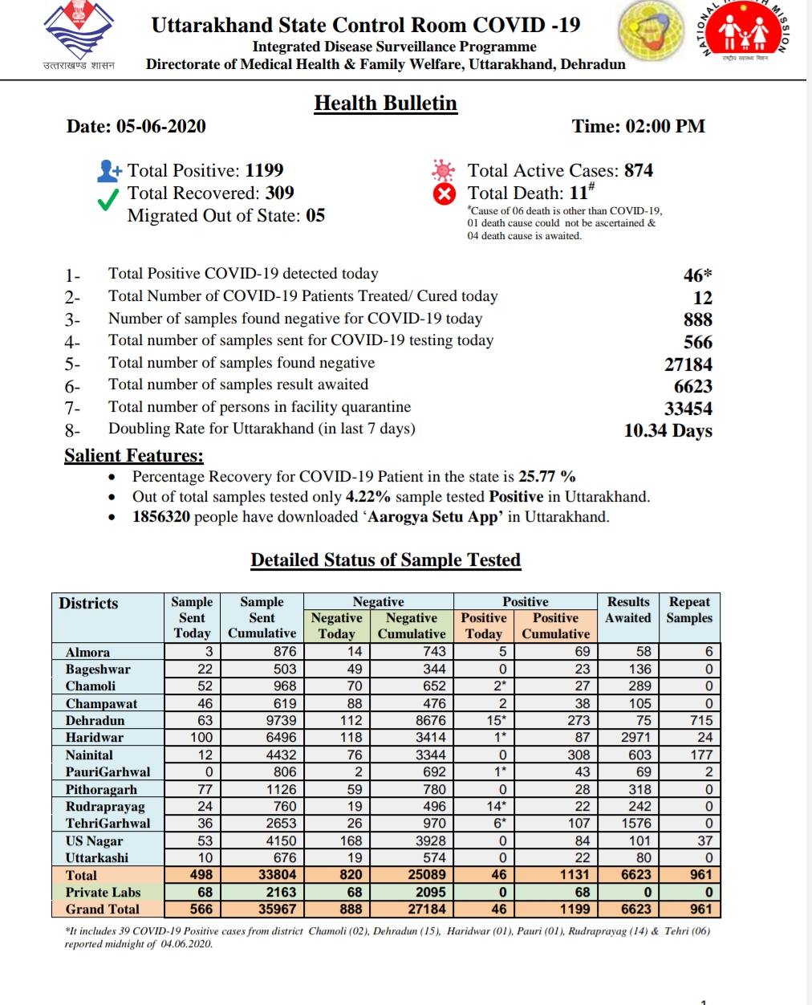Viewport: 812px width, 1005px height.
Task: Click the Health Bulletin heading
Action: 385,104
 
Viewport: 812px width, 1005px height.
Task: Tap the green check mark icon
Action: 108,201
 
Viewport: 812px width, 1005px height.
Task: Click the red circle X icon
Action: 444,194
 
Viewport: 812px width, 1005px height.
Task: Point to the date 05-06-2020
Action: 160,126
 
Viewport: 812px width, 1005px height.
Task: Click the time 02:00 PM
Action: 664,126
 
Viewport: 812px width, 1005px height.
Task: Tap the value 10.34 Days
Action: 668,430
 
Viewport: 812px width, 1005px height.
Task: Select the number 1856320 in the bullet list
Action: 161,516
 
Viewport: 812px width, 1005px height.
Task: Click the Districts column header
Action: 88,603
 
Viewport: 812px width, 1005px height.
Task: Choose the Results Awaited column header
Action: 627,609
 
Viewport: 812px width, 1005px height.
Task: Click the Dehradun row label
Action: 95,720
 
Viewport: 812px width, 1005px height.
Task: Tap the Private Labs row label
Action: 103,892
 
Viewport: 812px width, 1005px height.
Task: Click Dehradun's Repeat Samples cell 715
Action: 700,720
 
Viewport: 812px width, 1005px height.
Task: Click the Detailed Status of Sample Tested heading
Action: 385,559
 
